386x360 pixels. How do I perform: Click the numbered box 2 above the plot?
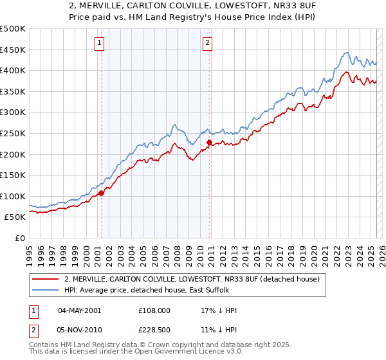(208, 44)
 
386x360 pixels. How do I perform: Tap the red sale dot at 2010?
(209, 142)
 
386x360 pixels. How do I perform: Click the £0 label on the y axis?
(20, 238)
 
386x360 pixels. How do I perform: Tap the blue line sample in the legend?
(45, 290)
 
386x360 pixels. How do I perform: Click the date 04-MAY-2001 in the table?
(79, 310)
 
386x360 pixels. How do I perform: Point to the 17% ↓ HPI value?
(219, 310)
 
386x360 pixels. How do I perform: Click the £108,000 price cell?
(154, 310)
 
